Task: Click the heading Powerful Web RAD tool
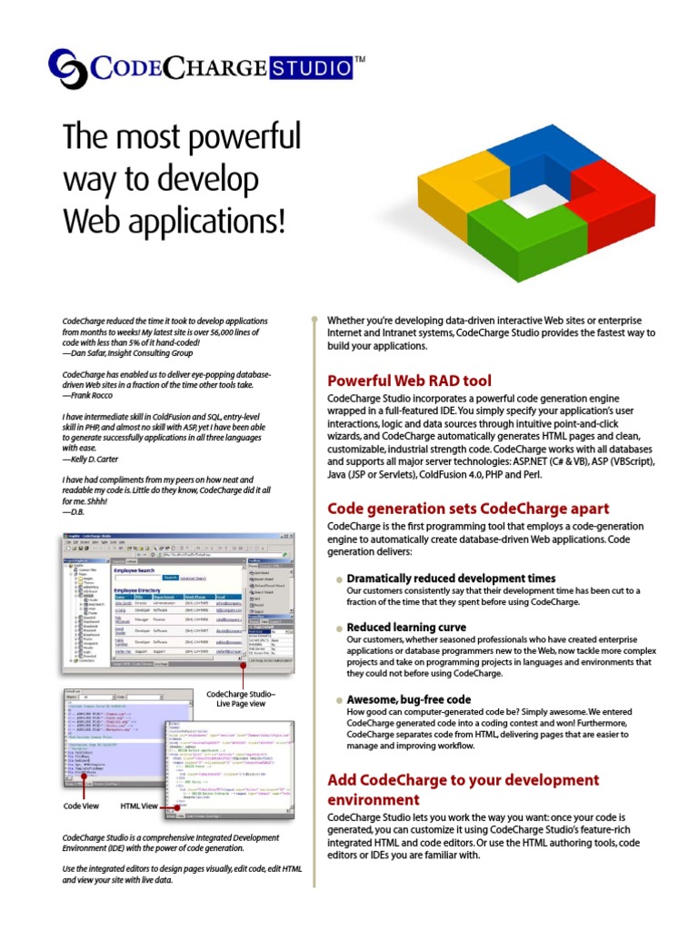click(x=409, y=381)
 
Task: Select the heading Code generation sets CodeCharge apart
click(x=468, y=508)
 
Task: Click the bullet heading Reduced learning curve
click(x=406, y=627)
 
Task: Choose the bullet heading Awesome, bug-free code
click(x=409, y=699)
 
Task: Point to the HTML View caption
click(x=139, y=806)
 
